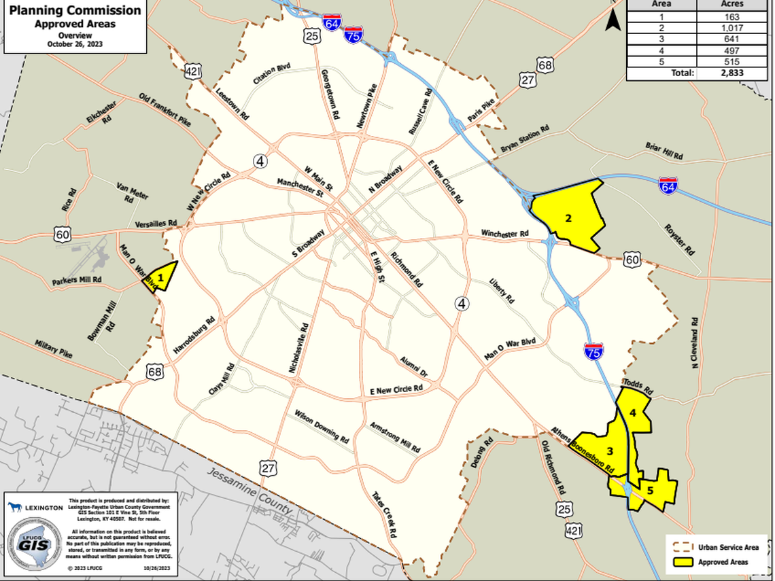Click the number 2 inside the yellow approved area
tap(567, 218)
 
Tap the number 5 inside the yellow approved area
tap(651, 489)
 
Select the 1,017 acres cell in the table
tap(733, 28)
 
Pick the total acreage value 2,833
tap(733, 73)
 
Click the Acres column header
tap(733, 4)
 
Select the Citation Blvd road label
tap(271, 74)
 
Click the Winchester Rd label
tap(504, 234)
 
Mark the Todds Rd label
tap(637, 388)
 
